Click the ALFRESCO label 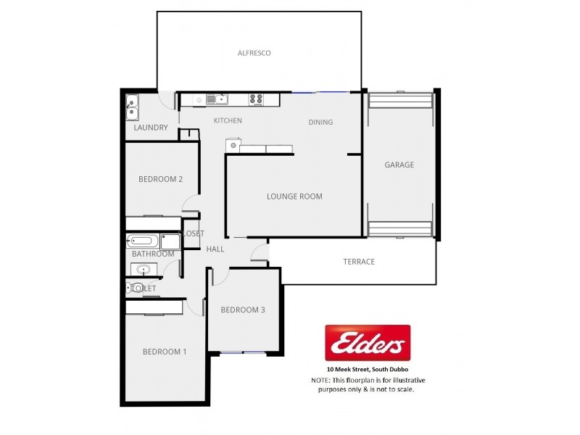254,53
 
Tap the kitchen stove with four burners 255,99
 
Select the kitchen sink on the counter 216,99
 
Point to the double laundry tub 133,107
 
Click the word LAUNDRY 151,128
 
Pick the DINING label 320,122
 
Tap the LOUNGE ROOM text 294,196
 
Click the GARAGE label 399,165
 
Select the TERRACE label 359,262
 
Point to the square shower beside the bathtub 170,241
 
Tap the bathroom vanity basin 143,270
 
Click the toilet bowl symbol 136,289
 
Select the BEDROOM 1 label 165,352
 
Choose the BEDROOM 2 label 160,180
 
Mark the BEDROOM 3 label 243,310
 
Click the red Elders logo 367,343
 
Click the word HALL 215,249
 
